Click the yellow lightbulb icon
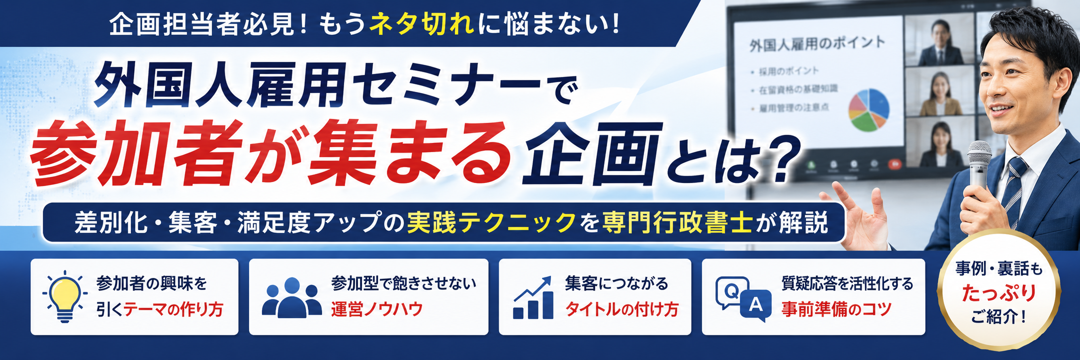click(65, 297)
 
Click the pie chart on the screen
click(869, 110)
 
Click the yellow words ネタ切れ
click(422, 24)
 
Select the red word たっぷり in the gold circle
click(999, 293)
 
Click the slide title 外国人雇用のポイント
click(817, 44)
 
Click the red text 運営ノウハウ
click(377, 309)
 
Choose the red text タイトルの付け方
click(622, 309)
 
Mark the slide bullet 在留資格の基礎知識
click(799, 89)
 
